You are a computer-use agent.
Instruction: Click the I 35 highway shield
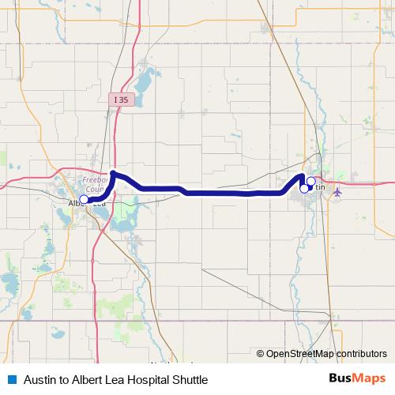119,100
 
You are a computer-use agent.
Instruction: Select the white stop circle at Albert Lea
84,199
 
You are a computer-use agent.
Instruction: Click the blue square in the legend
11,379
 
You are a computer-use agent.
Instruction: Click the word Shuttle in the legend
189,380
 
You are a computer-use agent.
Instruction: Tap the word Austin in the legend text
39,380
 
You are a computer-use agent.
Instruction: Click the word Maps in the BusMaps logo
369,379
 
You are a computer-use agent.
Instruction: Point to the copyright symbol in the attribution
260,354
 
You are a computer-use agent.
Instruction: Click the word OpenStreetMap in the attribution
300,354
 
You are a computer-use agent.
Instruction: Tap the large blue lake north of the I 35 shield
144,79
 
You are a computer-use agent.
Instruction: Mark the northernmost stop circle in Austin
310,182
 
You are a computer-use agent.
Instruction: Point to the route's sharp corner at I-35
114,173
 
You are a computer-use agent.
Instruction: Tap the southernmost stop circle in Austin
304,188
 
